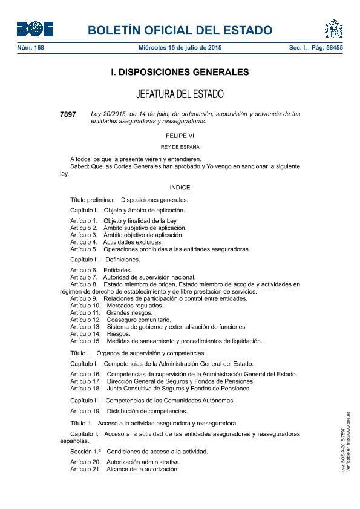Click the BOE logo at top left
[x=35, y=29]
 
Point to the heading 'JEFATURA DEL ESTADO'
[x=180, y=94]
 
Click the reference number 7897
[x=68, y=114]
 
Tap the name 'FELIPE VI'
[x=180, y=136]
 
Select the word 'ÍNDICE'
[x=180, y=188]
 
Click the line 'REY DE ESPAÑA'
[x=180, y=147]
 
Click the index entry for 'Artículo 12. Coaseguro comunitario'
[x=120, y=320]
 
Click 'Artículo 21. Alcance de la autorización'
[x=125, y=469]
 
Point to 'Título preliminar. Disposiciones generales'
[x=129, y=199]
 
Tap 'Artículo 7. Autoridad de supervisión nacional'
[x=133, y=277]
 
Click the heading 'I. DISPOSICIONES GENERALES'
[x=180, y=72]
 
